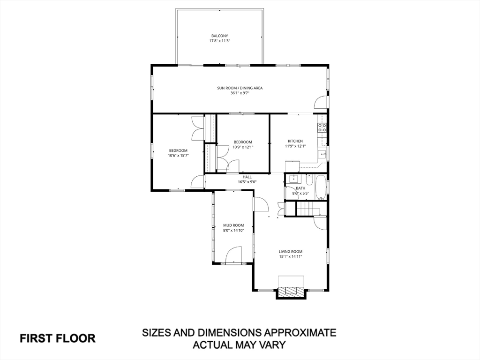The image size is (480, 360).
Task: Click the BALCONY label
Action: click(219, 36)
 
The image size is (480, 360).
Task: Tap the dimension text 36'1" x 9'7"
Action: click(240, 93)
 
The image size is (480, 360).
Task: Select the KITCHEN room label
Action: click(295, 141)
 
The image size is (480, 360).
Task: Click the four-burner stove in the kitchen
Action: click(322, 128)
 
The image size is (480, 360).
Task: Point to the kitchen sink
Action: click(322, 153)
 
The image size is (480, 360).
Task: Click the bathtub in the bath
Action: click(321, 186)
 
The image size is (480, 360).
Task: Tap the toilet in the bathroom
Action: click(309, 181)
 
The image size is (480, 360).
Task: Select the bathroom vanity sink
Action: click(293, 180)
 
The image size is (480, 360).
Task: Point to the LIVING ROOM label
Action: click(291, 251)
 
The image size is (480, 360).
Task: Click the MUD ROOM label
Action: click(233, 225)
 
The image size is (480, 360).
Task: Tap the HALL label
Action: click(247, 177)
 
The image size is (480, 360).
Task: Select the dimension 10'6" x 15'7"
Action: click(178, 155)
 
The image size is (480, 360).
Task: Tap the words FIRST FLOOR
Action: click(57, 338)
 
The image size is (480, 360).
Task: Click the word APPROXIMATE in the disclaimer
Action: click(300, 333)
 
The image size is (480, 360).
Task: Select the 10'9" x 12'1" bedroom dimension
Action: click(243, 147)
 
